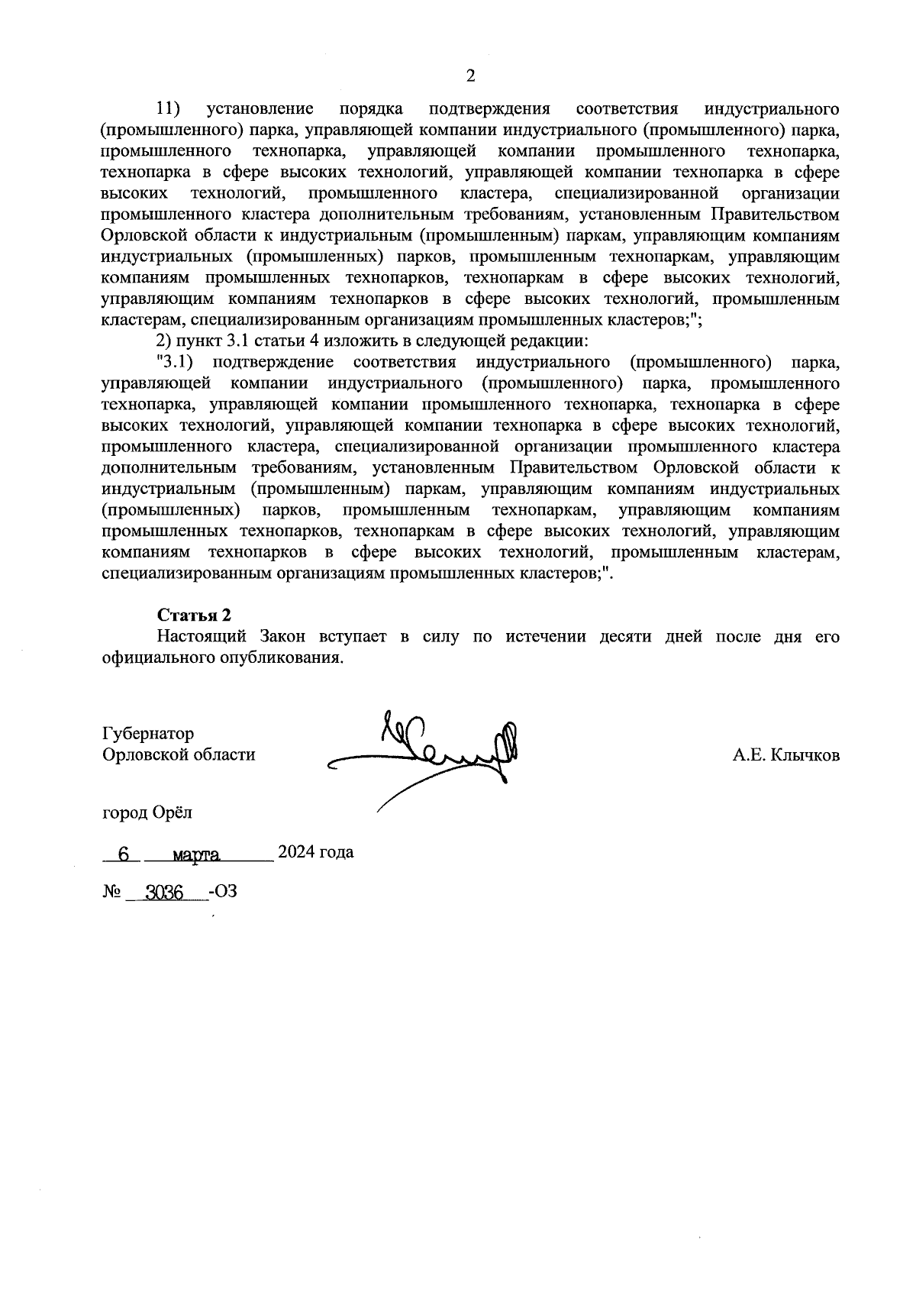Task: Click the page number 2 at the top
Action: [x=470, y=76]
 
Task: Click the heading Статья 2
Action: [x=194, y=615]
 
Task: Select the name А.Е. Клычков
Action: [x=785, y=755]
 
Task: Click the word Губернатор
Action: [x=148, y=734]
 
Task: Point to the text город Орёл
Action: [x=147, y=812]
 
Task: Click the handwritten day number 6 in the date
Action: [x=123, y=854]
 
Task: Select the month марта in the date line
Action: [x=196, y=854]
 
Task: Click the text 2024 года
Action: [x=315, y=851]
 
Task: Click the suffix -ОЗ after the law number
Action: [x=222, y=890]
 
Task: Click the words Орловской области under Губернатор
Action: [x=179, y=755]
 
